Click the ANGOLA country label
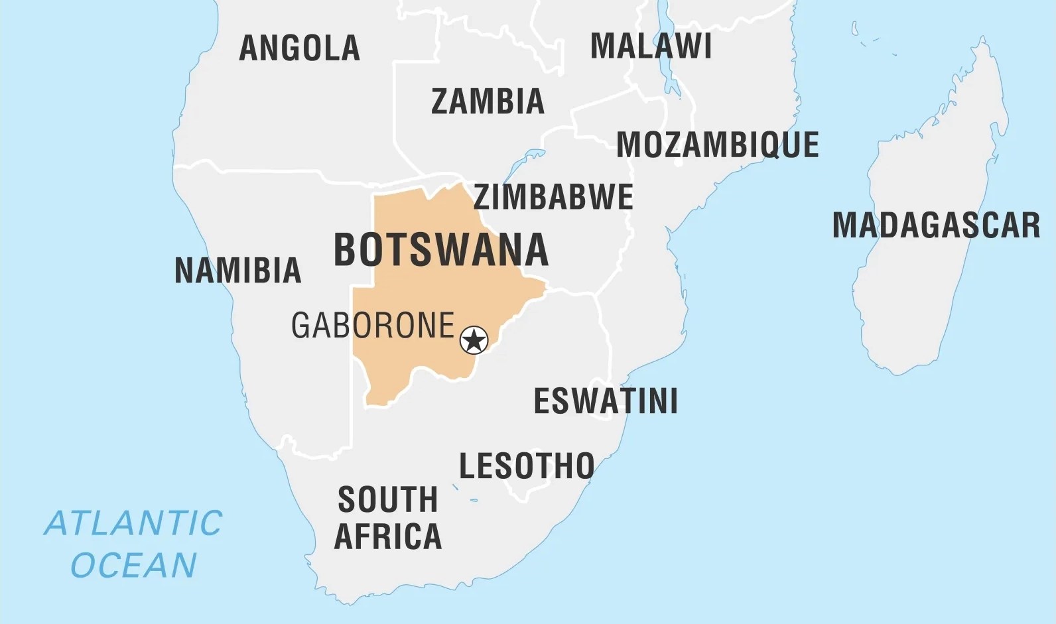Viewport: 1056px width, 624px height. pyautogui.click(x=299, y=48)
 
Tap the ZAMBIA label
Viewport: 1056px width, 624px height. pyautogui.click(x=488, y=101)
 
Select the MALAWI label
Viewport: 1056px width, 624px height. pyautogui.click(x=651, y=46)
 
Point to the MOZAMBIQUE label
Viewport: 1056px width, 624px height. pyautogui.click(x=718, y=145)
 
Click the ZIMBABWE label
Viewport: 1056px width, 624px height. pyautogui.click(x=553, y=197)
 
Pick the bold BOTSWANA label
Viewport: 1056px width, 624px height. pyautogui.click(x=441, y=250)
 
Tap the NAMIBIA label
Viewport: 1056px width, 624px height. pyautogui.click(x=237, y=271)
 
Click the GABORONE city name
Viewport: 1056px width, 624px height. pyautogui.click(x=373, y=326)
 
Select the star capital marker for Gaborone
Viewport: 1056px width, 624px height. pyautogui.click(x=474, y=340)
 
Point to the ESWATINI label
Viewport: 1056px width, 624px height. pyautogui.click(x=606, y=401)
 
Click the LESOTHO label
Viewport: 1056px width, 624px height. pyautogui.click(x=527, y=466)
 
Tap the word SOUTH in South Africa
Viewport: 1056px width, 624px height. pyautogui.click(x=388, y=499)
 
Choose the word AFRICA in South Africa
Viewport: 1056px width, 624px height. pyautogui.click(x=388, y=536)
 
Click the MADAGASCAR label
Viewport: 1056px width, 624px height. pyautogui.click(x=936, y=225)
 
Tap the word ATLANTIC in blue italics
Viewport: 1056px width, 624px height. pyautogui.click(x=133, y=523)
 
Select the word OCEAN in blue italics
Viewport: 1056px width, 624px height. pyautogui.click(x=133, y=566)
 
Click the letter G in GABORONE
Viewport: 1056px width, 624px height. pyautogui.click(x=301, y=326)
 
